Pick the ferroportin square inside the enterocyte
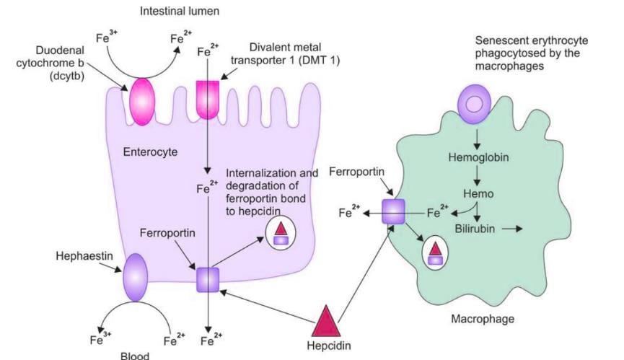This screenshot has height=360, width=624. coord(208,279)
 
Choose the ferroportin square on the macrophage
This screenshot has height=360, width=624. coord(394,212)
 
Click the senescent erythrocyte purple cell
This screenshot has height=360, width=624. coord(475,103)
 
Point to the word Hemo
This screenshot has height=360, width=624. coord(477,194)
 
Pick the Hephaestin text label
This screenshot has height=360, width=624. coord(79,256)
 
